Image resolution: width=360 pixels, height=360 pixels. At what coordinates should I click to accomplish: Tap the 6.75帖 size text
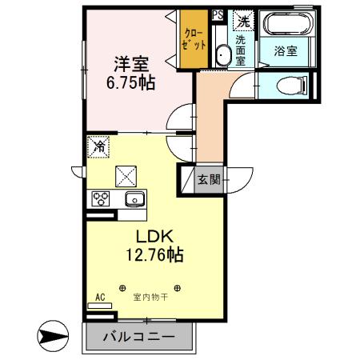click(130, 83)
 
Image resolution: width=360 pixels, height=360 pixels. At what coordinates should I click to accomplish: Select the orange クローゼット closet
click(194, 39)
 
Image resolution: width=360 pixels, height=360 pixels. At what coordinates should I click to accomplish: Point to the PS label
click(218, 14)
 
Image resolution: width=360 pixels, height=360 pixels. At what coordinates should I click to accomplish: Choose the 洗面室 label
click(241, 50)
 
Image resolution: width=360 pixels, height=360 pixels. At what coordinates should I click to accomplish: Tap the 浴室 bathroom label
click(286, 50)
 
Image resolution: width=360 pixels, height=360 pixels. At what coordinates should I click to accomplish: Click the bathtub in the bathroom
click(286, 23)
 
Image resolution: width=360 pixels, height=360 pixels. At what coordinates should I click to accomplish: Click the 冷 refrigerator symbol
click(99, 146)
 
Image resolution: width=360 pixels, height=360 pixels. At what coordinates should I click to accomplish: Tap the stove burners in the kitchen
click(101, 198)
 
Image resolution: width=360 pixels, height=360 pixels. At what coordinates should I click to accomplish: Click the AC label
click(100, 298)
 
